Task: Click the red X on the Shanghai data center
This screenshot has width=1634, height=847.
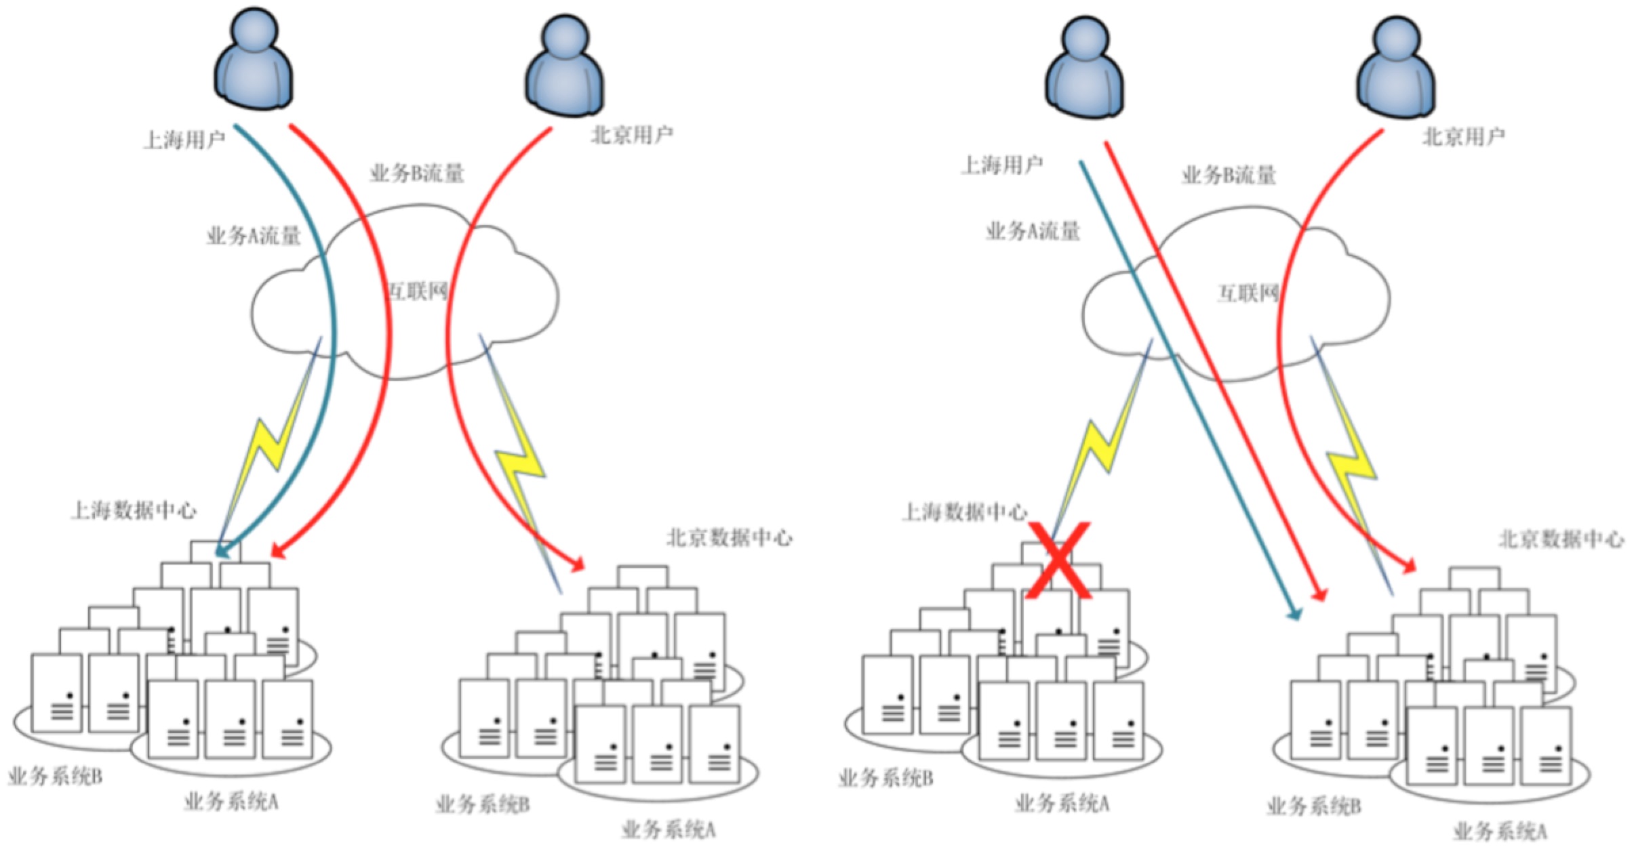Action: [1058, 561]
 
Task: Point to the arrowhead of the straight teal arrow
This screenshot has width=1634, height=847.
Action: [1294, 615]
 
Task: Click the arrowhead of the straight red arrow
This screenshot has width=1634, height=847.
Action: [1319, 596]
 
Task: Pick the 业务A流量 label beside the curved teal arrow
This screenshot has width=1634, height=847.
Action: [254, 236]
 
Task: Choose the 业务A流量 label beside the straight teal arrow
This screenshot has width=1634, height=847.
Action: [1033, 232]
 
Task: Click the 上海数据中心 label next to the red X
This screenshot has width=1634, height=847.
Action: [964, 512]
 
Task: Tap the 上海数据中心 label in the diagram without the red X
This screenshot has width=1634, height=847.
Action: [134, 510]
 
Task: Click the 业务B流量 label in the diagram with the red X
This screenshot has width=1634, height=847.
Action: [1229, 175]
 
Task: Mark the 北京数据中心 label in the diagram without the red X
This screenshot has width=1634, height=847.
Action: [730, 538]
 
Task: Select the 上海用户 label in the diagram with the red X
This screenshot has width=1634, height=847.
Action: [1001, 165]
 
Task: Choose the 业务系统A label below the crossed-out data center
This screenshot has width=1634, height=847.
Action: [1062, 804]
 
